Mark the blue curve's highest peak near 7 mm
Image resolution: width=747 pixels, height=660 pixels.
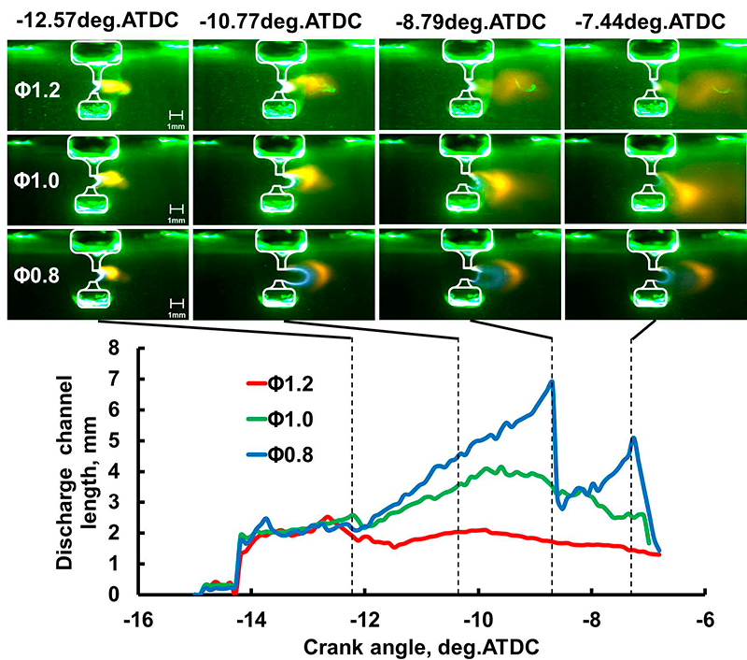click(x=552, y=381)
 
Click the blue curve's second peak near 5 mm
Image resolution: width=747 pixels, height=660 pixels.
click(x=634, y=438)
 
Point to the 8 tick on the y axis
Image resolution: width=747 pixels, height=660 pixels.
click(x=115, y=347)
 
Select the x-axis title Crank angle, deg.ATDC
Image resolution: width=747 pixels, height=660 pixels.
click(x=421, y=644)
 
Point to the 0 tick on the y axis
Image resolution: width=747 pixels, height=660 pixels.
click(x=115, y=595)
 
